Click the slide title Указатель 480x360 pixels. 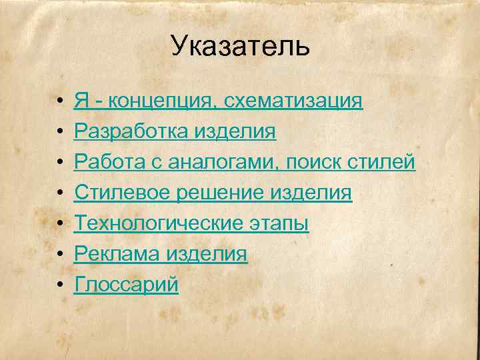pos(240,47)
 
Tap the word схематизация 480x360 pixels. pos(293,101)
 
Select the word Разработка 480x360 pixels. pos(131,132)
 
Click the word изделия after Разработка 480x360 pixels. pos(235,132)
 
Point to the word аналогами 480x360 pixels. pos(222,163)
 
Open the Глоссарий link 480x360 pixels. pos(126,285)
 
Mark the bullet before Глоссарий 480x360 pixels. pos(60,285)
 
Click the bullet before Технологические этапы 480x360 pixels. pos(60,224)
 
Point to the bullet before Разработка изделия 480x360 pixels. pos(60,132)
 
